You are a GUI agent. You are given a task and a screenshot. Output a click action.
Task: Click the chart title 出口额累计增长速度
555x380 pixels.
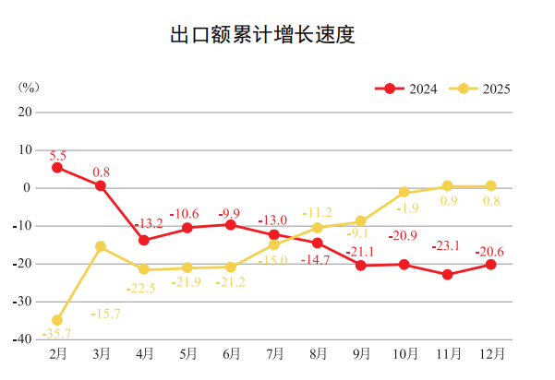coord(263,35)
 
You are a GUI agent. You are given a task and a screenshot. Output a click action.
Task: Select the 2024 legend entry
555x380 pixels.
coord(407,89)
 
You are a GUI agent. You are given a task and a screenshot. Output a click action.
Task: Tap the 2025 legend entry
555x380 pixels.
coord(480,89)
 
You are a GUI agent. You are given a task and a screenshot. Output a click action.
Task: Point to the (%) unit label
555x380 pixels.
coord(29,88)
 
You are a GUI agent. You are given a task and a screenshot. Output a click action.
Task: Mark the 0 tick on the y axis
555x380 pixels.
coord(28,187)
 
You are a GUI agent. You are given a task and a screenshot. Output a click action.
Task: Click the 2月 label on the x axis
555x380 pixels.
coord(57,353)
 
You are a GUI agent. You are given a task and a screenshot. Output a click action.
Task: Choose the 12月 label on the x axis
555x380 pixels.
coord(490,353)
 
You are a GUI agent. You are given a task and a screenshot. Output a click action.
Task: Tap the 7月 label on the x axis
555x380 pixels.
coord(274,353)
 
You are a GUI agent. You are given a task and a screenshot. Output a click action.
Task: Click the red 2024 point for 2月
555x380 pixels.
coord(57,167)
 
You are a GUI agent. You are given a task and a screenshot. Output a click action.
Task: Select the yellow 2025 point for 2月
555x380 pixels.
coord(57,320)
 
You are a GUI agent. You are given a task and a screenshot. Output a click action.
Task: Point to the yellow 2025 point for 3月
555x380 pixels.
coord(101,246)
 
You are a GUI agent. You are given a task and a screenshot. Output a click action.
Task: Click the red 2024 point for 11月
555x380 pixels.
coord(447,274)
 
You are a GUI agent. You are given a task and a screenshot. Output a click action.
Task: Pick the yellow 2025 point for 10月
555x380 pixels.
coord(404,192)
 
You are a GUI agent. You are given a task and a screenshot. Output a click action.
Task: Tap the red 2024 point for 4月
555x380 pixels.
coord(144,240)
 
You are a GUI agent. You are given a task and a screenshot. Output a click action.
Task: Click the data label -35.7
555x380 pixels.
coord(57,334)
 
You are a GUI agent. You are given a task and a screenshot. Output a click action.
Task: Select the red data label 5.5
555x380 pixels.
coord(57,153)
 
